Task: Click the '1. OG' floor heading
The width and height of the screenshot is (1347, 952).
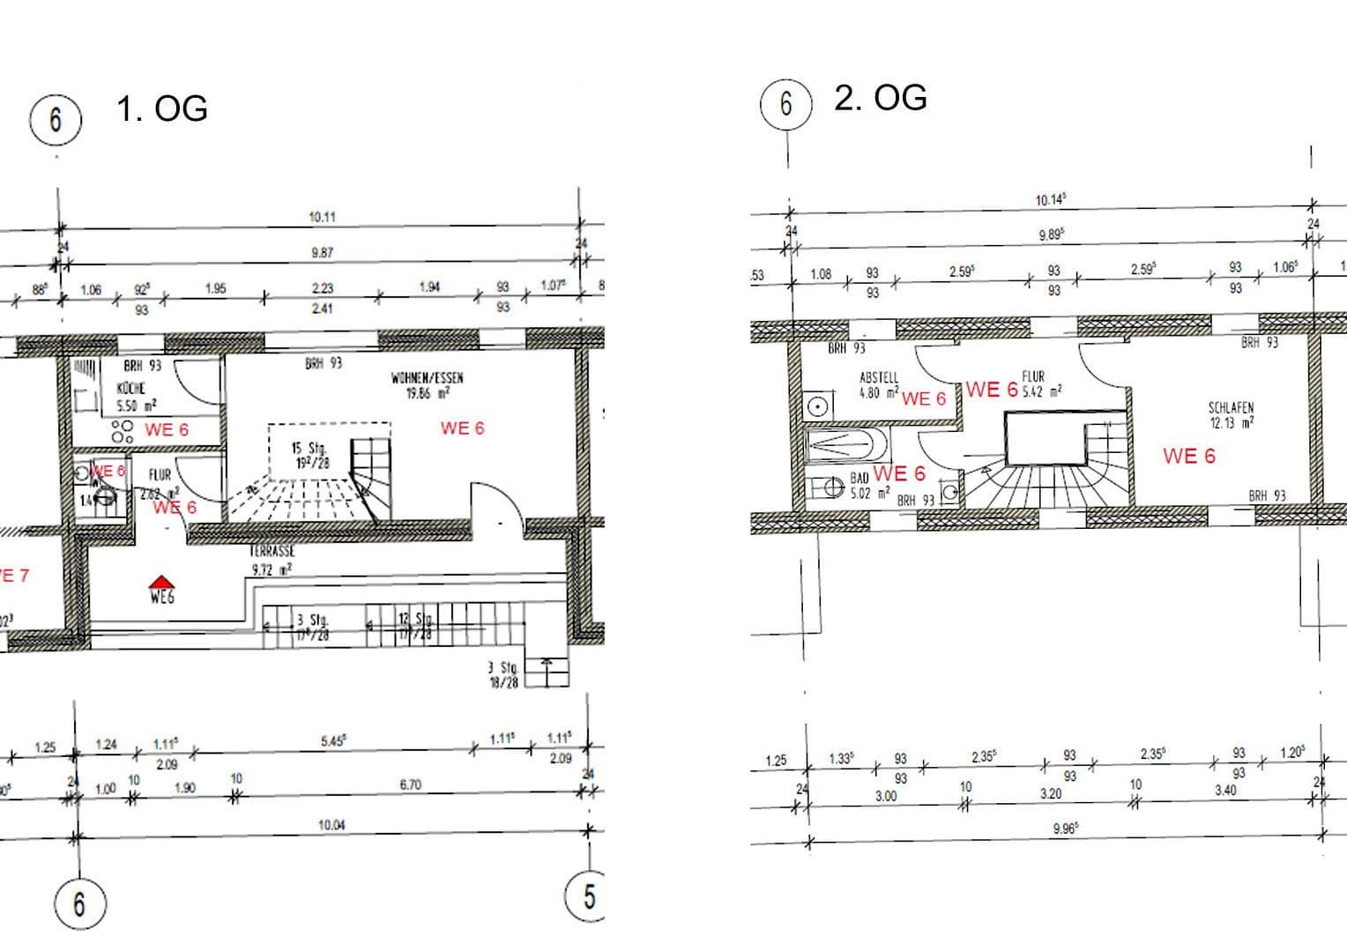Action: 162,109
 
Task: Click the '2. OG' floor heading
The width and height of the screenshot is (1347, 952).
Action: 880,98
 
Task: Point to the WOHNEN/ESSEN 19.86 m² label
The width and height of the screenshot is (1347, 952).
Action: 428,385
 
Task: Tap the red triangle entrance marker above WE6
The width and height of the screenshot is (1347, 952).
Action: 160,581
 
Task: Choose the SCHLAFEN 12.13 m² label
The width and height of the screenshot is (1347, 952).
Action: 1231,415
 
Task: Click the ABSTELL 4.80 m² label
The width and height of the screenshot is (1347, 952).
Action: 879,385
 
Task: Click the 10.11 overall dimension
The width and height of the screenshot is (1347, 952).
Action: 322,217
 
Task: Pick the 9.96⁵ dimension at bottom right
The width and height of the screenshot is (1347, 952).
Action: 1066,829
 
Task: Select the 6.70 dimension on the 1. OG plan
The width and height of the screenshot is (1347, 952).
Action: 411,784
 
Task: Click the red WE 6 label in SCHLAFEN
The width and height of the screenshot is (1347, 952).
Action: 1188,456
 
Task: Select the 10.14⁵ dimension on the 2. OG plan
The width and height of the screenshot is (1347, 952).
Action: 1050,200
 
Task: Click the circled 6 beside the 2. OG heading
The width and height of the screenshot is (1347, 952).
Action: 785,104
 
